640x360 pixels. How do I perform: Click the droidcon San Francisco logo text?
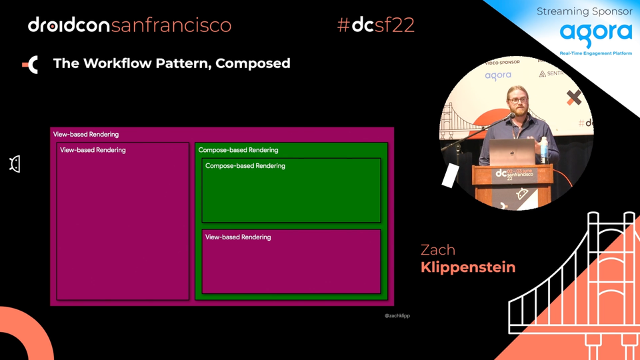129,25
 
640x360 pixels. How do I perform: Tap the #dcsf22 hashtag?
376,25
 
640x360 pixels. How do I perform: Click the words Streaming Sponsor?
584,11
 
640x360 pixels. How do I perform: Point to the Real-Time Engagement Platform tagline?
595,53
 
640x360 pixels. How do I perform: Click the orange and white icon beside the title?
31,64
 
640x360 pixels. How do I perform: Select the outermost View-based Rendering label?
86,135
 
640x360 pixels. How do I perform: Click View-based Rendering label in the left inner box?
93,150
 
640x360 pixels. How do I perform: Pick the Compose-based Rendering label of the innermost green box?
245,166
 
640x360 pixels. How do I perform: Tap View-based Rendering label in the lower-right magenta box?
238,237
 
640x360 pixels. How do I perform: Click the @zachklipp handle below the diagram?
397,315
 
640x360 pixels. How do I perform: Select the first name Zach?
438,250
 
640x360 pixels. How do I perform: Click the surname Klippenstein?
468,267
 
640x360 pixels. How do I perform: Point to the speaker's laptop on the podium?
512,151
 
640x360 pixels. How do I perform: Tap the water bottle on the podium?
544,150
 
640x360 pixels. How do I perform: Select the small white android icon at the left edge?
15,164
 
